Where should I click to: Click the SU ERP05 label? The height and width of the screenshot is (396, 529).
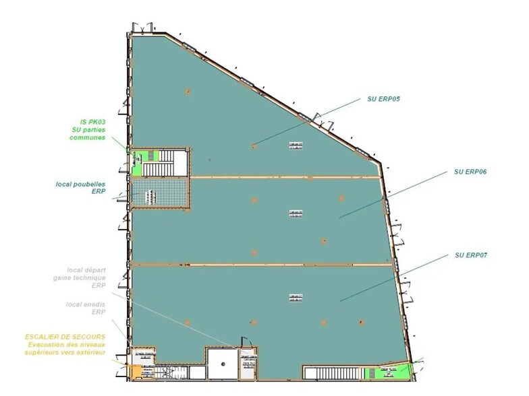[384, 99]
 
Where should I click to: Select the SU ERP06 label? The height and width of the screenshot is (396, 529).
[470, 172]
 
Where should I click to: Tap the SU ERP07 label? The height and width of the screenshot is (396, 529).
[470, 255]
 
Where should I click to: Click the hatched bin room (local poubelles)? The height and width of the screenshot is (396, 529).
[157, 193]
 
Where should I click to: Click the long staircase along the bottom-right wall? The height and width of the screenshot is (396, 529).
[332, 372]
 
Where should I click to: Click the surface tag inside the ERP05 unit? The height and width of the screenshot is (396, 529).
[296, 146]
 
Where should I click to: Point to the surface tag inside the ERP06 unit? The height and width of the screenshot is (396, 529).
[296, 213]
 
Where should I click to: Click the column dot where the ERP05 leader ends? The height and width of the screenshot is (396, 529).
[254, 145]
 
